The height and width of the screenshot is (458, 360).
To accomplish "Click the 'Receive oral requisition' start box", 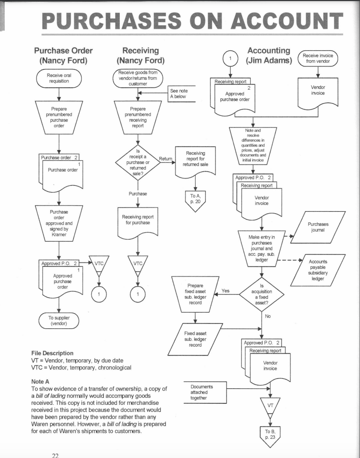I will pos(59,78).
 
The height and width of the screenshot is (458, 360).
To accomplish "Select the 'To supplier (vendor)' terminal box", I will pos(59,321).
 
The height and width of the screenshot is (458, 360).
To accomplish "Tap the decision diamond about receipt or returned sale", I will pos(137,162).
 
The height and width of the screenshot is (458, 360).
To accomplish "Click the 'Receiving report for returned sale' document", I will pos(195,159).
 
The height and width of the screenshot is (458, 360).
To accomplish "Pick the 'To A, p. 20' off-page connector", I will pos(195,200).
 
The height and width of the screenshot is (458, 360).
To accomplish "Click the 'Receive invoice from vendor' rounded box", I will pos(318,59).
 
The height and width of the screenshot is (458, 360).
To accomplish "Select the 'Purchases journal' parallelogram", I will pos(318,227).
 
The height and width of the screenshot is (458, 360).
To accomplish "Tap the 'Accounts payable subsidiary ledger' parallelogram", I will pos(318,270).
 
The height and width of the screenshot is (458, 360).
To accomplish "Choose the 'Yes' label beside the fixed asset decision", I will pos(225,291).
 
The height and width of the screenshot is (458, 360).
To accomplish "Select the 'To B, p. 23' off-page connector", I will pos(270,435).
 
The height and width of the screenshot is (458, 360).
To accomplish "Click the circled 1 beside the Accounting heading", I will pos(230,59).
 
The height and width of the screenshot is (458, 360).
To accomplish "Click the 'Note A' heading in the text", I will pos(40,381).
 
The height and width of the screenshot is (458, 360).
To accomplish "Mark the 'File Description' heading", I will pos(52,353).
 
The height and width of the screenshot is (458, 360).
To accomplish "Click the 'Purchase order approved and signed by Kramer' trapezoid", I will pos(59,223).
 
